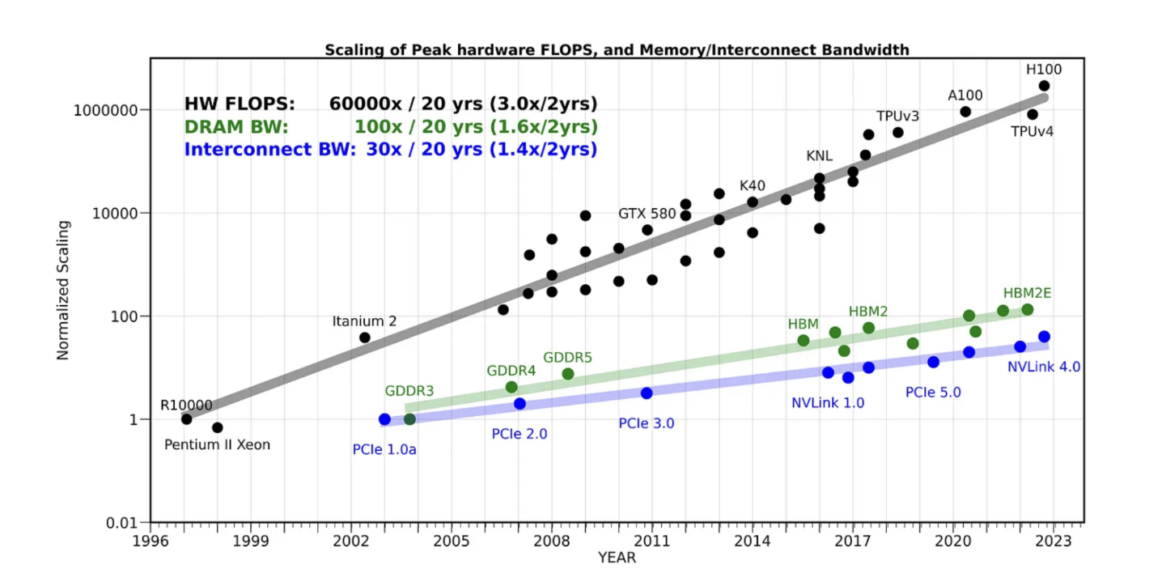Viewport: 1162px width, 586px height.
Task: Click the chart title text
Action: click(617, 50)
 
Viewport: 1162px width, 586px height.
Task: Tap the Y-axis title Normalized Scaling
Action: click(62, 290)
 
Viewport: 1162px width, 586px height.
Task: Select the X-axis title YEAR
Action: click(617, 558)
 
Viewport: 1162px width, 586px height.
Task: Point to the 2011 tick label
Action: click(651, 540)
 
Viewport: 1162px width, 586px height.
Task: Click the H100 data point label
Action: click(1044, 70)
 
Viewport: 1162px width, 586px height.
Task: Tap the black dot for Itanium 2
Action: click(365, 338)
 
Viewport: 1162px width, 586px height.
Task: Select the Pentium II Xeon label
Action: click(217, 444)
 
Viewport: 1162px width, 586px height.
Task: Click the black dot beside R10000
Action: click(187, 418)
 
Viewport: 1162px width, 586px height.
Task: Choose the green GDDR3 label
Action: click(409, 391)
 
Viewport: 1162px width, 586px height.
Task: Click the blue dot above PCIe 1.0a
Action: click(384, 419)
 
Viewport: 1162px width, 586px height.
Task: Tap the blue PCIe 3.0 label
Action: click(647, 423)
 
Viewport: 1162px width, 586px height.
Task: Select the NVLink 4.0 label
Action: click(1044, 367)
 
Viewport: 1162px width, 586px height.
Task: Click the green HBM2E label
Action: click(1027, 293)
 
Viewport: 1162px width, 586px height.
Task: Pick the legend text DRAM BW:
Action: click(236, 127)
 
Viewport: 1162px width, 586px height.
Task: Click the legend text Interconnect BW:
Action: click(269, 150)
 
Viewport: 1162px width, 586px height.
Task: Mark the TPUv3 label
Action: click(897, 116)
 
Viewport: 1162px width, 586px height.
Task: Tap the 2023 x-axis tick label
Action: click(1052, 540)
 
